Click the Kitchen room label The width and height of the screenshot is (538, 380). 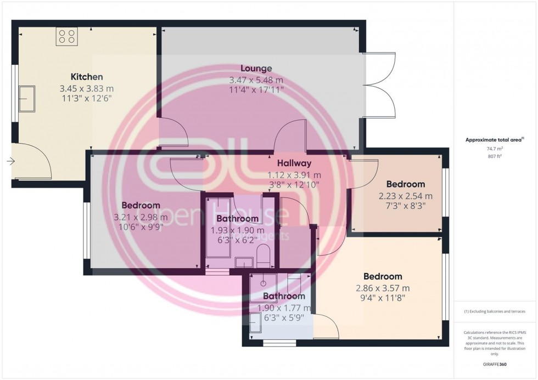pyautogui.click(x=87, y=77)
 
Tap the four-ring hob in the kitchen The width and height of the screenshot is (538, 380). pyautogui.click(x=66, y=37)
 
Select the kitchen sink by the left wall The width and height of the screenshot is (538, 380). pyautogui.click(x=26, y=99)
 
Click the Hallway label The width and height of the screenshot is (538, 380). pyautogui.click(x=294, y=163)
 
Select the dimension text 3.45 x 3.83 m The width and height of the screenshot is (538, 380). pyautogui.click(x=87, y=88)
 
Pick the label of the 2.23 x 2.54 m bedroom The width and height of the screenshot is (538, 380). pyautogui.click(x=406, y=184)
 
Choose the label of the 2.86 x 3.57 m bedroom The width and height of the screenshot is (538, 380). pyautogui.click(x=383, y=276)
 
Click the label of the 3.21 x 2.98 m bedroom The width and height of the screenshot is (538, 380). pyautogui.click(x=141, y=206)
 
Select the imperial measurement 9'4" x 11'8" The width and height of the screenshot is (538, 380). pyautogui.click(x=383, y=299)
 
